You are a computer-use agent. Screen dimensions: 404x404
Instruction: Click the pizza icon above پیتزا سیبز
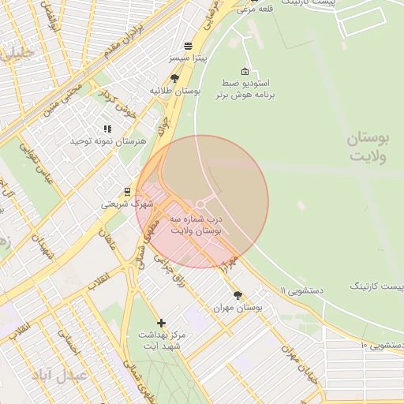[187, 46]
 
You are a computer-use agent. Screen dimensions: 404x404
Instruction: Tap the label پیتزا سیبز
[187, 59]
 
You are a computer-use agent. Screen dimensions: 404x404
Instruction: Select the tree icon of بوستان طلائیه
[174, 78]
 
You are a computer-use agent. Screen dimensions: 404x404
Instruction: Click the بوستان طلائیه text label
[175, 92]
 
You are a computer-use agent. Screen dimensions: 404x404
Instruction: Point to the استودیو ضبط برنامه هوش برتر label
[245, 88]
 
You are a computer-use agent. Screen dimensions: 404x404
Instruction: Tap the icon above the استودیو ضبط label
[244, 71]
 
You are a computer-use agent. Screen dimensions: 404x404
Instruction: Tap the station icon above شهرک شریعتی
[127, 191]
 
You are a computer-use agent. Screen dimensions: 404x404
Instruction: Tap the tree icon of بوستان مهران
[238, 295]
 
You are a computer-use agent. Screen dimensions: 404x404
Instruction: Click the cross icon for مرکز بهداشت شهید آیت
[162, 323]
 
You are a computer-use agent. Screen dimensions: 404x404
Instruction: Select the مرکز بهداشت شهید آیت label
[160, 340]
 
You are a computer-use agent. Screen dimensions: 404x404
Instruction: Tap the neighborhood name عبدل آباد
[59, 374]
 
